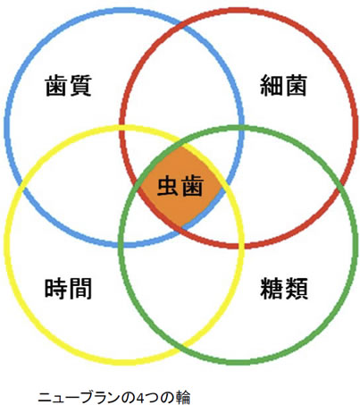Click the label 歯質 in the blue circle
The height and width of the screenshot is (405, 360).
[68, 86]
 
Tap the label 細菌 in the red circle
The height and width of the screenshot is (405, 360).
[283, 86]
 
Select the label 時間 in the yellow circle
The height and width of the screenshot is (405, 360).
[68, 288]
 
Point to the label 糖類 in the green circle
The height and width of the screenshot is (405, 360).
[284, 288]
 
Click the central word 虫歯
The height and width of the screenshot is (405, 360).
[180, 186]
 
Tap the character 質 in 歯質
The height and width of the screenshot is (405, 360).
[80, 86]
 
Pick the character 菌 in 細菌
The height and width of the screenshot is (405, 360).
[296, 86]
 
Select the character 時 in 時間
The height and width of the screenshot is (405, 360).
[56, 288]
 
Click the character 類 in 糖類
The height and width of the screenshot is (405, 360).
[296, 288]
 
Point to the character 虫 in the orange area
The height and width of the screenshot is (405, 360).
[168, 186]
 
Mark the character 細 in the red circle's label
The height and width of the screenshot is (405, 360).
[272, 86]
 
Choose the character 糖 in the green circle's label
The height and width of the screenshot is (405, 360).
[272, 288]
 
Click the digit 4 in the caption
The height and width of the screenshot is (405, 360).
[139, 398]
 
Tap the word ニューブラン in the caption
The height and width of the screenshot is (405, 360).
[79, 398]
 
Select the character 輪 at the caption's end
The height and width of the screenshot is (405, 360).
[183, 398]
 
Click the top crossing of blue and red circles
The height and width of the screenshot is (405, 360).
[181, 25]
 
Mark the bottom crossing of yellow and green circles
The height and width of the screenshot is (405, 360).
[181, 348]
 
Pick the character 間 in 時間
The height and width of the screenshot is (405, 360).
[80, 288]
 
